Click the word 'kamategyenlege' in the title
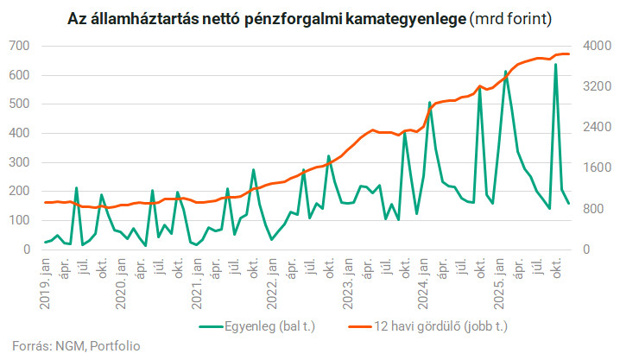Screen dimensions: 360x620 (x=403, y=16)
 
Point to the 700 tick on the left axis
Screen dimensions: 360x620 (x=21, y=46)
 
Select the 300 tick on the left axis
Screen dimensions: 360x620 (x=21, y=162)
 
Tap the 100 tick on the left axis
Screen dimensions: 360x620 (x=21, y=220)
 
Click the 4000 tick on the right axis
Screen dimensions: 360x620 (x=595, y=46)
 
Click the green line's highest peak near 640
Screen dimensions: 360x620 (x=555, y=64)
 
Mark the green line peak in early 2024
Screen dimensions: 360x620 (x=429, y=103)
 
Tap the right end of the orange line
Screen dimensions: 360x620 (x=569, y=54)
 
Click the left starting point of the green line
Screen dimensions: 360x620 (x=46, y=243)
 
